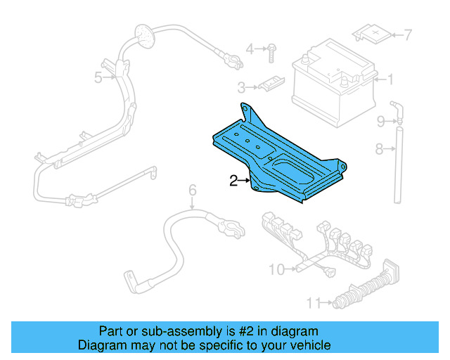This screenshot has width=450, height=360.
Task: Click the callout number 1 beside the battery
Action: click(391, 79)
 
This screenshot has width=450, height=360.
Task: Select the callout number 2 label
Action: click(234, 181)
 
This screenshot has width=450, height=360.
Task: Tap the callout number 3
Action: click(241, 88)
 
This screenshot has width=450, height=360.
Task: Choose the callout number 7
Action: click(408, 34)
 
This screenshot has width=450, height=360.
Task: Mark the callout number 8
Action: click(379, 148)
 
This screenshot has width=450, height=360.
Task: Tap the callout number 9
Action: click(380, 122)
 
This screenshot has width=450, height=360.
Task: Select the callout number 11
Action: click(314, 303)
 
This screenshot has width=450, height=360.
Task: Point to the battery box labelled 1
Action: click(330, 84)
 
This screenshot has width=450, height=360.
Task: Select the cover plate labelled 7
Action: click(373, 32)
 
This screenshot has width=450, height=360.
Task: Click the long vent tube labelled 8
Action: click(397, 162)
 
